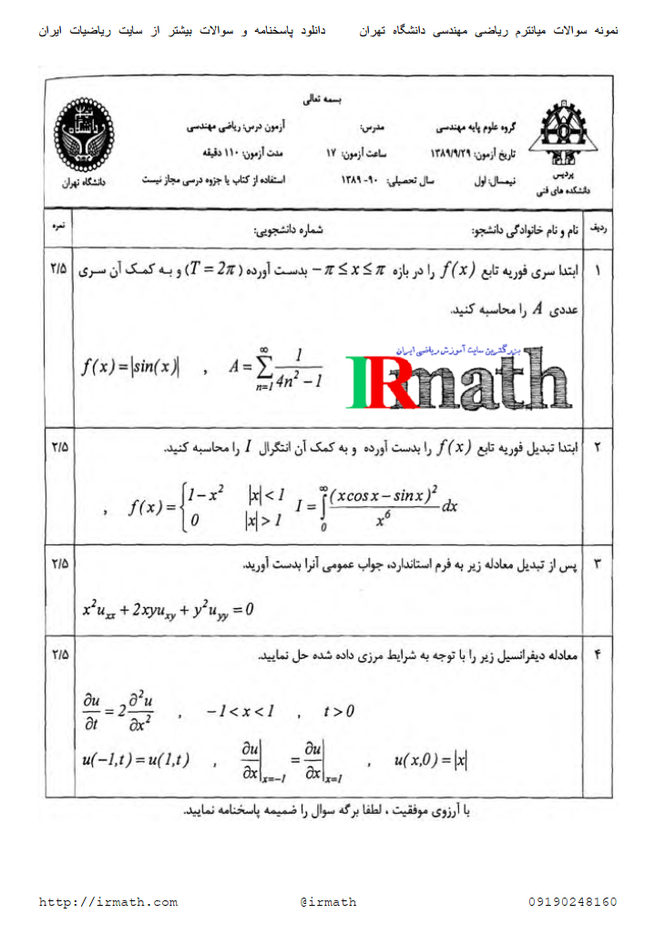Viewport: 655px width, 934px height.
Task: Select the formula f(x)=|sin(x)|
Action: coord(130,367)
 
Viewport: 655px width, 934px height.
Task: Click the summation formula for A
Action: coord(276,368)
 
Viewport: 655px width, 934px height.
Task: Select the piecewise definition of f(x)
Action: coord(208,507)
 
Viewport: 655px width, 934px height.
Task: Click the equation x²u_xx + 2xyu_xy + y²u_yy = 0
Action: coord(168,609)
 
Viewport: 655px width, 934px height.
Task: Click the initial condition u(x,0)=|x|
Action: coord(431,761)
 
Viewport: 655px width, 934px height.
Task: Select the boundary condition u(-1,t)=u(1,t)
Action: coord(136,762)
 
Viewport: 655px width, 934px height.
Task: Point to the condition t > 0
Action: coord(339,711)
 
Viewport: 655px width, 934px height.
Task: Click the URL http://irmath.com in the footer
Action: coord(108,902)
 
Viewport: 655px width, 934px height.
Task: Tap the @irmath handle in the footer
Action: coord(328,902)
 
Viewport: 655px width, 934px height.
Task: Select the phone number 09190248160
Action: coord(572,902)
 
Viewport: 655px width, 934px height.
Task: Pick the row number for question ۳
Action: coord(598,565)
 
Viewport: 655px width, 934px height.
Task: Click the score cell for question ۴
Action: coord(60,654)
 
